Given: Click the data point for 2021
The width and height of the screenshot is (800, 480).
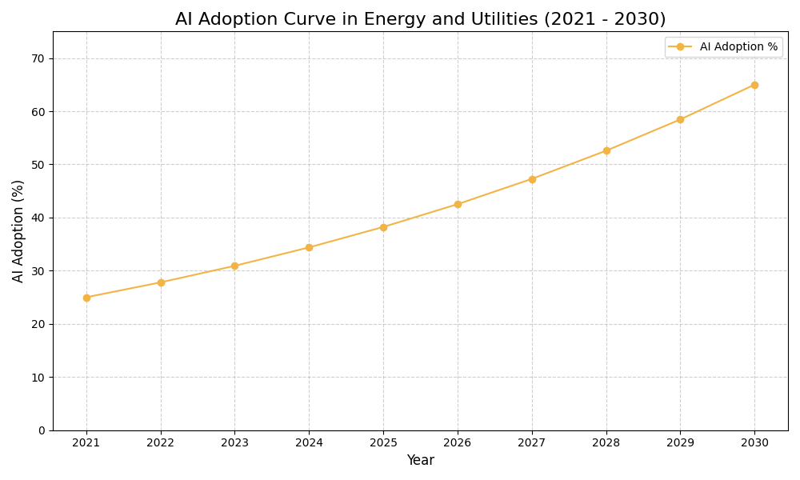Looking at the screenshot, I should point(86,298).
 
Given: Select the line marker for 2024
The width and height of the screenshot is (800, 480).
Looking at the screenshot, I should point(309,247).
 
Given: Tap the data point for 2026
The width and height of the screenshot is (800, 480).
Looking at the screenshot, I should point(458,204).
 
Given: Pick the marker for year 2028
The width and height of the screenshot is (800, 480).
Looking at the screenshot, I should point(606,150).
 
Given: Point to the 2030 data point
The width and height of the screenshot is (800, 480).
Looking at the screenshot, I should point(754,85).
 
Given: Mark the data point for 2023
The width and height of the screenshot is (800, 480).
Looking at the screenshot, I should point(234,266).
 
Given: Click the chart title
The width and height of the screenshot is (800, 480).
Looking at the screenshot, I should point(420,19).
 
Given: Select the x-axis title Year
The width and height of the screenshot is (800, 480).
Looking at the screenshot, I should point(420,461).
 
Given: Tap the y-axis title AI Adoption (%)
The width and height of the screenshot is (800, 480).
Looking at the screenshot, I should point(18,230).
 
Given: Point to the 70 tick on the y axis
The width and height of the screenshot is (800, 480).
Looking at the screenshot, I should point(38,58).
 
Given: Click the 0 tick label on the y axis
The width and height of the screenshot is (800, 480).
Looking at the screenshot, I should point(42,430).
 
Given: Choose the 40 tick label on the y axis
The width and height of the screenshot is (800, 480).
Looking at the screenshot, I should point(38,218).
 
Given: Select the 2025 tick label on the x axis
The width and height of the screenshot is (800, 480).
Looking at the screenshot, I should point(383,443).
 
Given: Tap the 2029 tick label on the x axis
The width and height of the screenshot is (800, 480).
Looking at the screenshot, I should point(680,443).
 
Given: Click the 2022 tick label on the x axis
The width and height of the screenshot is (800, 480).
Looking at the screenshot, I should point(161,443).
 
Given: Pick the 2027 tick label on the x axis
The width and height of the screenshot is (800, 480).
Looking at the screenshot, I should point(532,443).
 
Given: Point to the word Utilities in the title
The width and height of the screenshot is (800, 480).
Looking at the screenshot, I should point(501,19).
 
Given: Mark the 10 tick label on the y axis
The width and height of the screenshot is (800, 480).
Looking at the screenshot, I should point(38,377).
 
